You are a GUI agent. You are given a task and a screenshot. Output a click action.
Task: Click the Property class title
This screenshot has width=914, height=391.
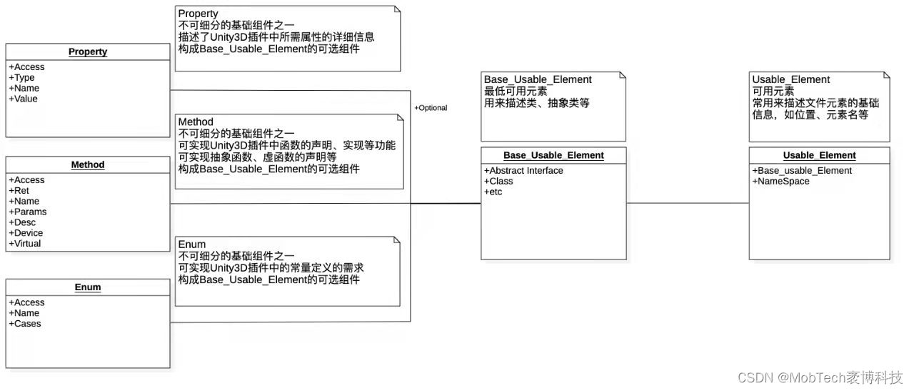[88, 52]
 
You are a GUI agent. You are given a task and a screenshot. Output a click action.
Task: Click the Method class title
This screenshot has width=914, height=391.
[88, 165]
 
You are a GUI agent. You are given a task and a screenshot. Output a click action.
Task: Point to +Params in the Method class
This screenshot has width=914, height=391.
[28, 212]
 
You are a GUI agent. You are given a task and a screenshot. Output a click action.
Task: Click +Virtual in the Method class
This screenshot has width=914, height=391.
[25, 244]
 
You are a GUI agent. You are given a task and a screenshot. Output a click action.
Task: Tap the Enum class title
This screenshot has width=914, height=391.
[88, 287]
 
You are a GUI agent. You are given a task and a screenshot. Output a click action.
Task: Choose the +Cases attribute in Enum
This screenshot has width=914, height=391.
[25, 324]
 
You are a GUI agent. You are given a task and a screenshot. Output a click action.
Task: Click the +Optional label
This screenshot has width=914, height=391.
[431, 108]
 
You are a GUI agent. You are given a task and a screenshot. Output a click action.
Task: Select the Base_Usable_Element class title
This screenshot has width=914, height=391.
[553, 155]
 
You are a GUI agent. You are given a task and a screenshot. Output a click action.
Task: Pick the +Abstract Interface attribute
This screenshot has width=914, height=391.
[523, 171]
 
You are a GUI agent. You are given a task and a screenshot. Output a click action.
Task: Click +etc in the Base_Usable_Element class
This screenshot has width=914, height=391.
[493, 192]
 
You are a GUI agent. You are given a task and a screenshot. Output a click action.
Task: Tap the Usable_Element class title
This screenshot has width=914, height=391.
[819, 155]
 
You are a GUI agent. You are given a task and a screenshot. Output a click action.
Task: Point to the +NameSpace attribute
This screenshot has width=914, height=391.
[780, 182]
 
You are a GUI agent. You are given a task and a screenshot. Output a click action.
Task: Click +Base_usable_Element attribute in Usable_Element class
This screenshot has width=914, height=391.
[802, 171]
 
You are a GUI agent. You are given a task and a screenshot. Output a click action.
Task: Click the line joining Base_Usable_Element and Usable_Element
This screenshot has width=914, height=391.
[688, 203]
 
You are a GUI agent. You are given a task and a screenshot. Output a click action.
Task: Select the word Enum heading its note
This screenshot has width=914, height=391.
[192, 244]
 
